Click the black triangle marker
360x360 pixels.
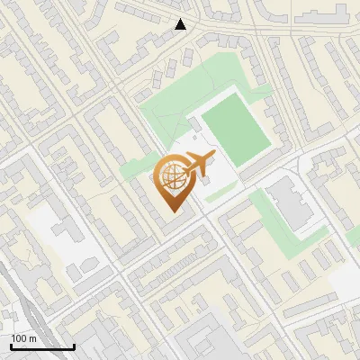click(x=181, y=24)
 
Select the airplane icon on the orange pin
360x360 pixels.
click(x=194, y=166)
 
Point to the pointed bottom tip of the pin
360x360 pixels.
click(x=172, y=212)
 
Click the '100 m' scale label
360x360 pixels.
click(x=23, y=338)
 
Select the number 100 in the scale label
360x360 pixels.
click(x=19, y=338)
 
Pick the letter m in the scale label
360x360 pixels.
click(x=32, y=338)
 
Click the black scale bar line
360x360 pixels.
click(x=42, y=346)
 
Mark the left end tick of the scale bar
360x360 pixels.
click(x=11, y=345)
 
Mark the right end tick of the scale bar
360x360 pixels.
click(x=74, y=345)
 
